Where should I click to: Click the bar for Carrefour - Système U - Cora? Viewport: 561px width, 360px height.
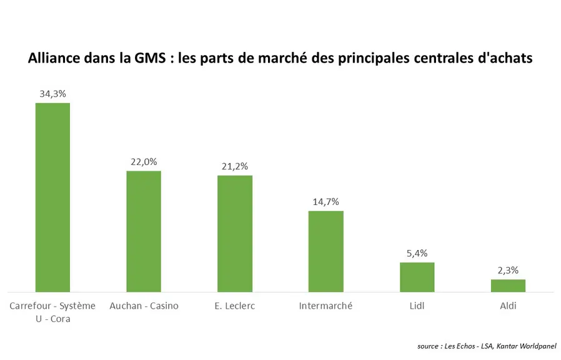[52, 197]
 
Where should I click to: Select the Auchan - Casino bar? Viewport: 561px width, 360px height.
[144, 231]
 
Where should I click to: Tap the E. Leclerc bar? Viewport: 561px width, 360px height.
[235, 234]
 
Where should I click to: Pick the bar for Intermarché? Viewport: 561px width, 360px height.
[326, 252]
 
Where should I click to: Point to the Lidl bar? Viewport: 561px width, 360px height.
[417, 277]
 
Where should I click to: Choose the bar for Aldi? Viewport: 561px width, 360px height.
[508, 286]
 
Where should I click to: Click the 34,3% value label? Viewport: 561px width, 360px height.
[52, 94]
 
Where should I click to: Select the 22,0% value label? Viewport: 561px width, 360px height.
[144, 162]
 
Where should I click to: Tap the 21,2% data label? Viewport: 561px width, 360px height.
[235, 166]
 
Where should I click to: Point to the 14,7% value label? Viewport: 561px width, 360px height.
[326, 202]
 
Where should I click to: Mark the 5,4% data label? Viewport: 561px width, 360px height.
[417, 254]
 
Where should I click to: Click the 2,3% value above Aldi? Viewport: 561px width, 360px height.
[508, 271]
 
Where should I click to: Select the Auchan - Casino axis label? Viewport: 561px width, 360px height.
[144, 306]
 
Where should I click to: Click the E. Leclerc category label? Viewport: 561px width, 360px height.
[235, 306]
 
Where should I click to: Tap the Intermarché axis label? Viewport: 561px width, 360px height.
[326, 306]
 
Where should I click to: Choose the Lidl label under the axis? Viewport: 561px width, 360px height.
[417, 306]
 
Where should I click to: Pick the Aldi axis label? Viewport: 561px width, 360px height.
[508, 306]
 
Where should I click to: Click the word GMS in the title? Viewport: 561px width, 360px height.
[151, 58]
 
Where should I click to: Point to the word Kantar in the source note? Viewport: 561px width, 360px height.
[507, 346]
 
